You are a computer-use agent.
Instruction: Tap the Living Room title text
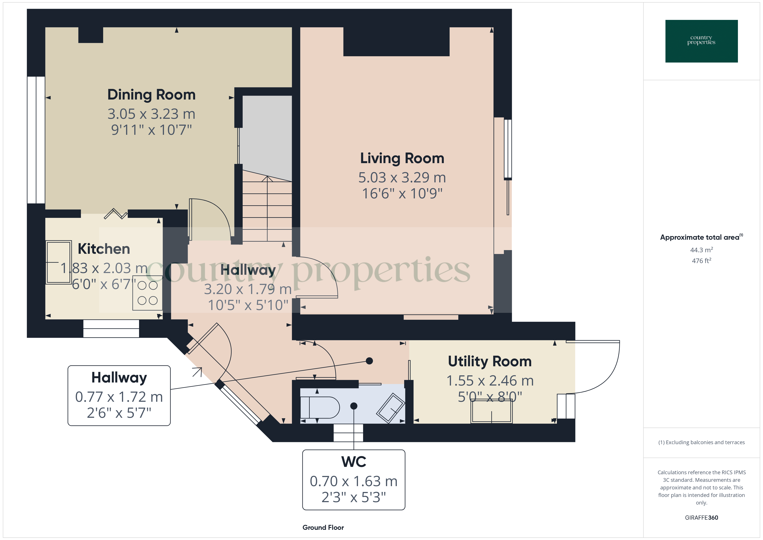402,159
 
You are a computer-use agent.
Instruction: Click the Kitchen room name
104,249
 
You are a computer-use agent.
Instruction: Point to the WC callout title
354,462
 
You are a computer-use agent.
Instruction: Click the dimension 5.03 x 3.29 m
402,178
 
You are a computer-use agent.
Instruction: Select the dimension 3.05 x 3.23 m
152,114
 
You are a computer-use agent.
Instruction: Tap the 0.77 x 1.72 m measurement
119,397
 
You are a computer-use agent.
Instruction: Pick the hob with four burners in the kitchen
147,293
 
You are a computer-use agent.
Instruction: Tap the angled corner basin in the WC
390,408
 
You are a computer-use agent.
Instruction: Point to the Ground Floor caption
323,527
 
